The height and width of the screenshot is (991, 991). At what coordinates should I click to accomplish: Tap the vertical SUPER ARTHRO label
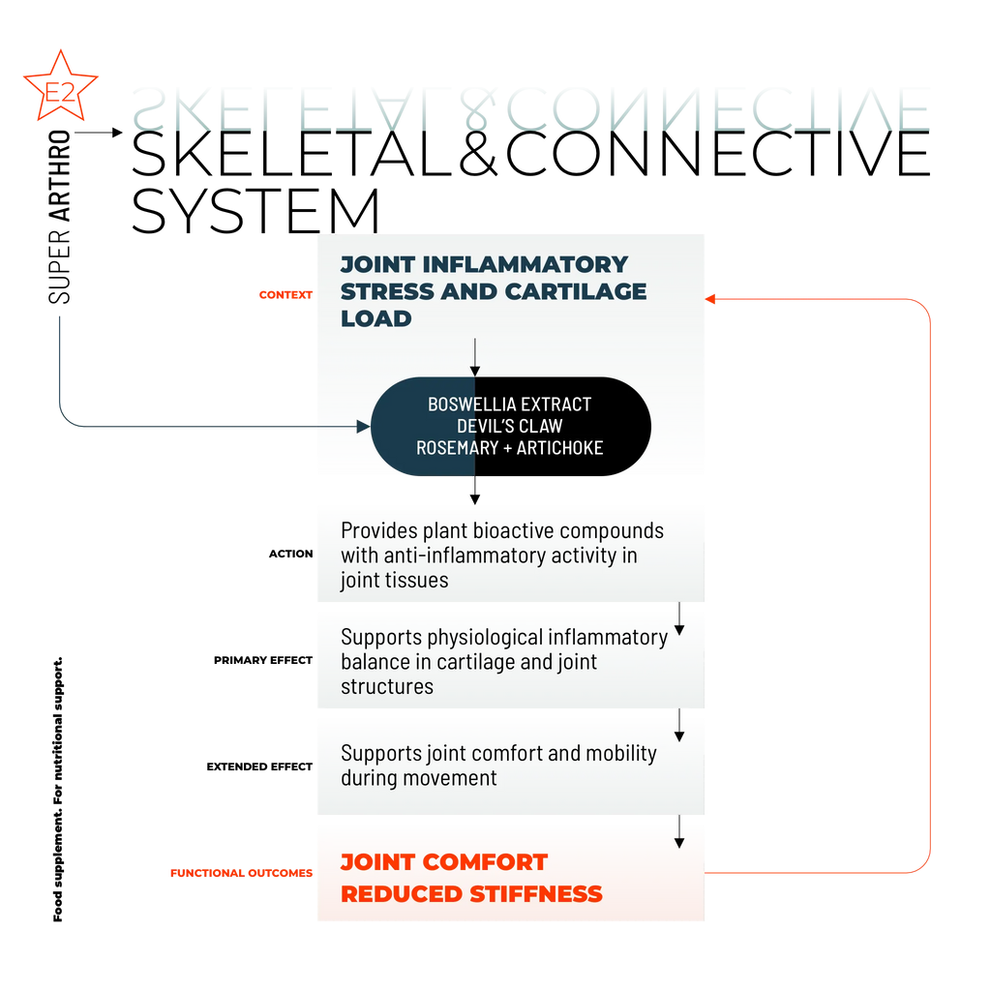[x=59, y=217]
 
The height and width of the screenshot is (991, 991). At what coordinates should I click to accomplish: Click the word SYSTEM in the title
[x=255, y=211]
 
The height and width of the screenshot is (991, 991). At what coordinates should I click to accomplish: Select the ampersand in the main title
[x=479, y=154]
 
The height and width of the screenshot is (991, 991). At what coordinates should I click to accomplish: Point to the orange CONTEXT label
[x=285, y=295]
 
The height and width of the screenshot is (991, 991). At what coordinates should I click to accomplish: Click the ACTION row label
[x=290, y=554]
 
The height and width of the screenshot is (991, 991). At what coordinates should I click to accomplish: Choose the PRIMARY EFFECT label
[x=263, y=660]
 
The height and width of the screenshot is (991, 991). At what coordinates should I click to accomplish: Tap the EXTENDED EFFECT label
[x=259, y=766]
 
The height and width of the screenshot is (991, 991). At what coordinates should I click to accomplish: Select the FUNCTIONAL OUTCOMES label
[x=241, y=873]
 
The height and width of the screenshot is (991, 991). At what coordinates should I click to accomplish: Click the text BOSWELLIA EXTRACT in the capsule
[x=509, y=405]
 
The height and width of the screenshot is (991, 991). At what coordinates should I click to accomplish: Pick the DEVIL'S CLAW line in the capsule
[x=509, y=426]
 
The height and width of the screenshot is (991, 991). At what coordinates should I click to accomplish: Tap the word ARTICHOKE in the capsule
[x=560, y=448]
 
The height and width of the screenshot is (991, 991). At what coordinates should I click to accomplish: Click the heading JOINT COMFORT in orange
[x=444, y=862]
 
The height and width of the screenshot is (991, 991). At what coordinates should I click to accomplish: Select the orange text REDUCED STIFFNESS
[x=471, y=894]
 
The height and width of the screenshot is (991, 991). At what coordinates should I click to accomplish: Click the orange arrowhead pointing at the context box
[x=710, y=299]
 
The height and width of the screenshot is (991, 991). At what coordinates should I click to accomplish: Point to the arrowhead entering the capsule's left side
[x=364, y=427]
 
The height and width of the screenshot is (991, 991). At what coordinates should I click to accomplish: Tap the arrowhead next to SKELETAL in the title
[x=117, y=133]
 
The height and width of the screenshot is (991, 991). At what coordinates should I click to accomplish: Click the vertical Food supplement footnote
[x=57, y=790]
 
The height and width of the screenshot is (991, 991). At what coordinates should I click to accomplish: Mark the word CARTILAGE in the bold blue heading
[x=576, y=291]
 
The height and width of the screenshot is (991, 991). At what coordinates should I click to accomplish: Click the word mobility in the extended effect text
[x=621, y=755]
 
